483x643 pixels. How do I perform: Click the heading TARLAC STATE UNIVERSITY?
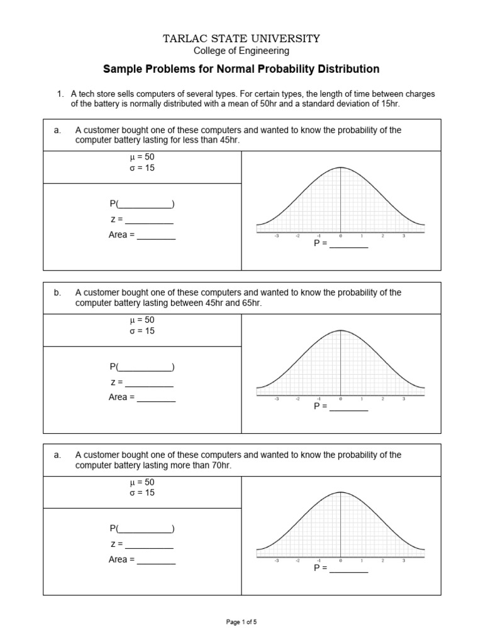(241, 39)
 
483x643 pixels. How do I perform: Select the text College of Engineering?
(241, 51)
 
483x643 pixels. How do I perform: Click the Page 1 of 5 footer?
(241, 622)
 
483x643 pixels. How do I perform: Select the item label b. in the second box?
(57, 293)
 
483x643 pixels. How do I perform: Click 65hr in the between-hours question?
(248, 303)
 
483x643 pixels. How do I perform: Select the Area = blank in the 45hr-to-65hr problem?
(156, 397)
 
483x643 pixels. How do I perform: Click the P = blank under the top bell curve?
(349, 244)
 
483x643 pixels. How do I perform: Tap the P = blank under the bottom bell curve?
(349, 568)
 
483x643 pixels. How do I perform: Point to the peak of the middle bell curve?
(341, 330)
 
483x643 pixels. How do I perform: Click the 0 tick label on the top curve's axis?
(341, 237)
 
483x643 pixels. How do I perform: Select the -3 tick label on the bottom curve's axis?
(277, 561)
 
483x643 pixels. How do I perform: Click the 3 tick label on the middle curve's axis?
(404, 399)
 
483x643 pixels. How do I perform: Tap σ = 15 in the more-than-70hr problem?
(141, 493)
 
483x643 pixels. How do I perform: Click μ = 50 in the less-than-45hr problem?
(141, 158)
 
